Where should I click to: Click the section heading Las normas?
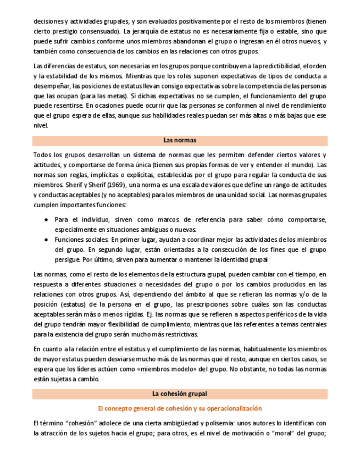pyautogui.click(x=180, y=140)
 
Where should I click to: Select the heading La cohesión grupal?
pyautogui.click(x=180, y=394)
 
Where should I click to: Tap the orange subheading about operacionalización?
pyautogui.click(x=180, y=408)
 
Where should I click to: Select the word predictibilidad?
pyautogui.click(x=260, y=66)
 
